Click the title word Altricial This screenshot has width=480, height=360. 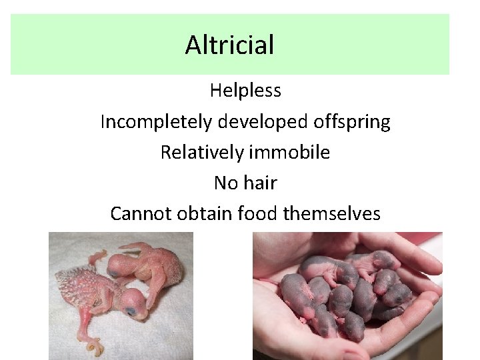[229, 45]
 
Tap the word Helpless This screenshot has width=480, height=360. [245, 90]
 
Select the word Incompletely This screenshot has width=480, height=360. [155, 122]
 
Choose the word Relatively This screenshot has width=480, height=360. [202, 153]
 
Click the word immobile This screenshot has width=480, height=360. [289, 153]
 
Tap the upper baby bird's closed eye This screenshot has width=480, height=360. [114, 273]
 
